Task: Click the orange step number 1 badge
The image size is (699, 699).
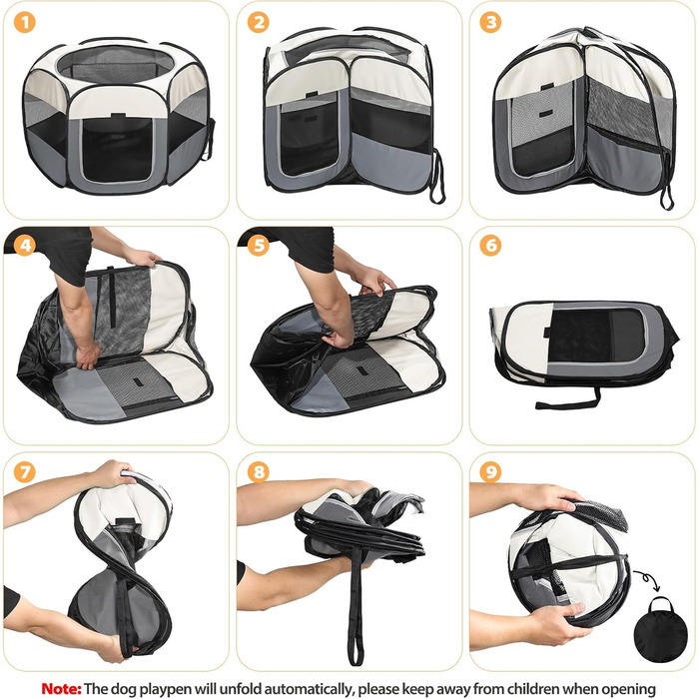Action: [x=25, y=22]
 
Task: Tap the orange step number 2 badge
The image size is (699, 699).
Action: [x=258, y=22]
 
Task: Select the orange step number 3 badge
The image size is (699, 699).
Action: [x=490, y=22]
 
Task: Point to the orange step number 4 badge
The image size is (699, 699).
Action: [x=25, y=246]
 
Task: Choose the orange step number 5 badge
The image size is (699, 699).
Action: [x=258, y=246]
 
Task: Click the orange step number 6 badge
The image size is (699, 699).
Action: [x=490, y=246]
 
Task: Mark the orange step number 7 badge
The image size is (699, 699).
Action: [x=25, y=471]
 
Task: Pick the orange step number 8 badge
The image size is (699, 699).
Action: [x=258, y=471]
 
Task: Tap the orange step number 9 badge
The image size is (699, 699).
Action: [x=490, y=471]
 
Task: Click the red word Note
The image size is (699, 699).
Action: [x=61, y=688]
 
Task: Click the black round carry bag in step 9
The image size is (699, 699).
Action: [x=654, y=629]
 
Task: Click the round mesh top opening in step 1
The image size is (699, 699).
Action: [x=115, y=66]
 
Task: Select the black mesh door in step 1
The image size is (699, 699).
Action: [x=118, y=149]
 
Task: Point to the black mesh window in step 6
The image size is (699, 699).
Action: [x=595, y=336]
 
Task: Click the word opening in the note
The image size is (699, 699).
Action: [x=626, y=690]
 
